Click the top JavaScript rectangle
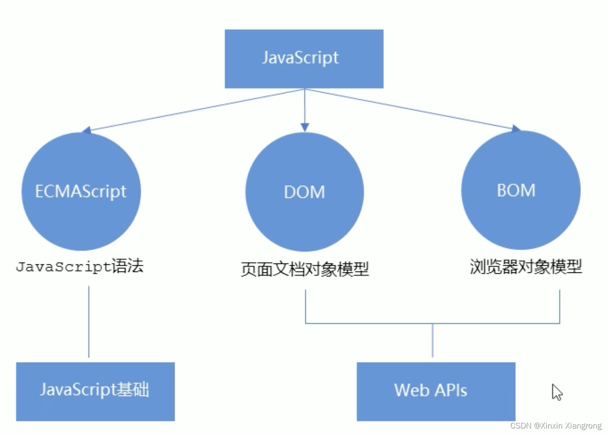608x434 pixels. click(304, 59)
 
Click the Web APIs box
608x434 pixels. click(435, 391)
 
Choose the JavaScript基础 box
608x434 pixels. click(95, 391)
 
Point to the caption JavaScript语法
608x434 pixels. click(79, 266)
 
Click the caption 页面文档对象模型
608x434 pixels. click(304, 269)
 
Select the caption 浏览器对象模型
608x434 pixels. click(526, 266)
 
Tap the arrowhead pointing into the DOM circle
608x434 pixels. click(304, 127)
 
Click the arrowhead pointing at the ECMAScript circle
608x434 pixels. click(87, 130)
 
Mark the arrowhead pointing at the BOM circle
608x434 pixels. click(515, 129)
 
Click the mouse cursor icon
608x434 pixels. click(556, 392)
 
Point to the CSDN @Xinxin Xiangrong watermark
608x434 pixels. click(556, 426)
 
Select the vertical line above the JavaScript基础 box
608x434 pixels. click(89, 321)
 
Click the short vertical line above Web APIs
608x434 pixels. click(432, 341)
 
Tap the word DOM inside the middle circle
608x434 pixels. click(304, 192)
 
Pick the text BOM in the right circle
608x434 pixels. click(516, 190)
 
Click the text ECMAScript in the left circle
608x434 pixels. click(81, 192)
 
